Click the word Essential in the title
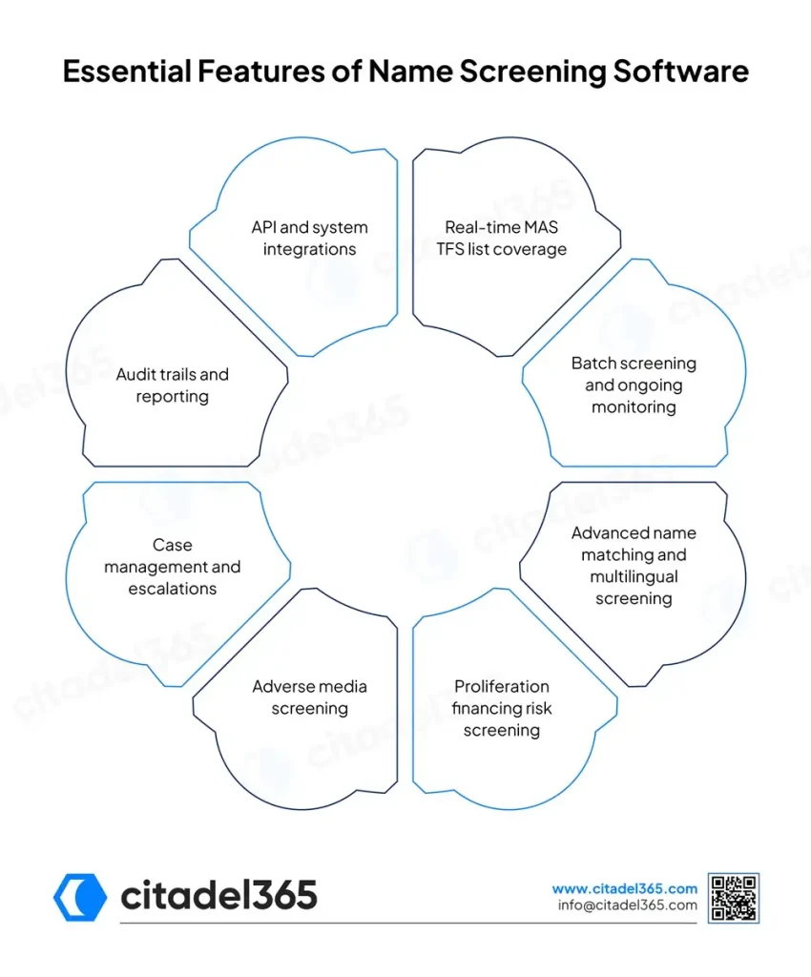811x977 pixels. pyautogui.click(x=127, y=71)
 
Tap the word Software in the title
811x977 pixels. pyautogui.click(x=681, y=71)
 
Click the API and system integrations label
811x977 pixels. pyautogui.click(x=309, y=238)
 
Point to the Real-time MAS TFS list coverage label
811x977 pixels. pyautogui.click(x=502, y=238)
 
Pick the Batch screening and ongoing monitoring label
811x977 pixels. pyautogui.click(x=634, y=385)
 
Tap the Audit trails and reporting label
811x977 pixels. pyautogui.click(x=173, y=385)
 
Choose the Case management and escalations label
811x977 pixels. pyautogui.click(x=173, y=567)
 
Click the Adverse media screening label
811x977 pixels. pyautogui.click(x=309, y=697)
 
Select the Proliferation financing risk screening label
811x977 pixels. pyautogui.click(x=502, y=708)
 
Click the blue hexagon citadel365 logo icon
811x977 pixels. pyautogui.click(x=80, y=897)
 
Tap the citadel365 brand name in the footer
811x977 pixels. pyautogui.click(x=218, y=895)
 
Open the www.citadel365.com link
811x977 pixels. pyautogui.click(x=624, y=888)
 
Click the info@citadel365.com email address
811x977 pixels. pyautogui.click(x=627, y=905)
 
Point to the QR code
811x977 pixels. pyautogui.click(x=733, y=898)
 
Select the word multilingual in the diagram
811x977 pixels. pyautogui.click(x=634, y=577)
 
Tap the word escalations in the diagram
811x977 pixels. pyautogui.click(x=173, y=589)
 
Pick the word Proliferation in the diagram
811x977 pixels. pyautogui.click(x=502, y=687)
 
